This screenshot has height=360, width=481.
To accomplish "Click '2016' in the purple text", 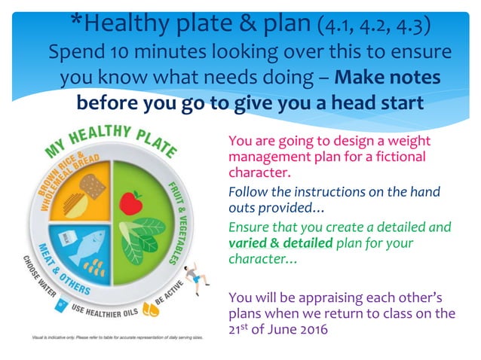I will click(x=311, y=328).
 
